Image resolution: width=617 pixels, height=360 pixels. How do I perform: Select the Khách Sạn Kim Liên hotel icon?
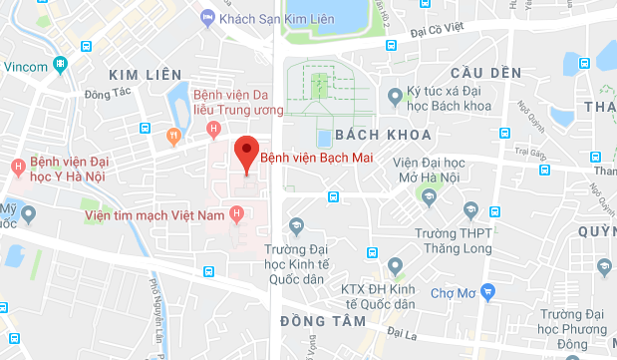point(207,17)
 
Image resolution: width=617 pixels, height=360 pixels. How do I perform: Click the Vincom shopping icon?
point(61,65)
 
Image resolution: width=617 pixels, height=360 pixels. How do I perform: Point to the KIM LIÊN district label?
point(146,75)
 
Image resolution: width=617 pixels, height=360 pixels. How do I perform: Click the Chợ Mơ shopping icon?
point(487,292)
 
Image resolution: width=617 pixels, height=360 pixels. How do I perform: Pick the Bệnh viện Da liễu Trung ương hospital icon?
point(212,129)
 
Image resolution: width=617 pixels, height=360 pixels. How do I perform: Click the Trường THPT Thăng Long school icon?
point(495,212)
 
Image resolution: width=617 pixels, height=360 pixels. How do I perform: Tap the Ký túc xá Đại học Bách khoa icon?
point(395,97)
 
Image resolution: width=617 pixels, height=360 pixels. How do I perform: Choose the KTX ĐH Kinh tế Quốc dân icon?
point(396,266)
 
